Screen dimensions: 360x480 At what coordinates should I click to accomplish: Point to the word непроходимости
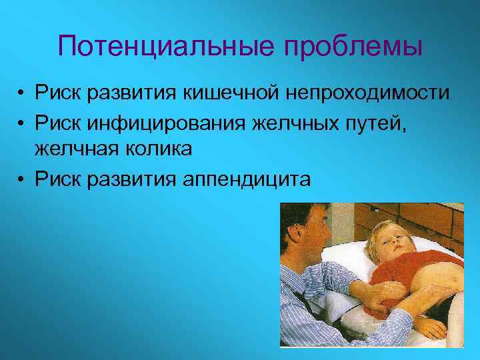pyautogui.click(x=369, y=93)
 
